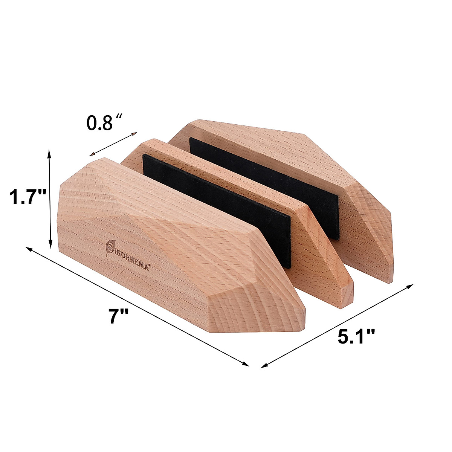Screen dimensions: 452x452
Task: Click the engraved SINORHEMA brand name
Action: (x=128, y=255)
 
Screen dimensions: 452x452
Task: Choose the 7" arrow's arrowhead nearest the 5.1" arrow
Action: (x=247, y=364)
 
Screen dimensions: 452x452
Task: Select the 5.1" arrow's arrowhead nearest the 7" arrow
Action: (x=263, y=365)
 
